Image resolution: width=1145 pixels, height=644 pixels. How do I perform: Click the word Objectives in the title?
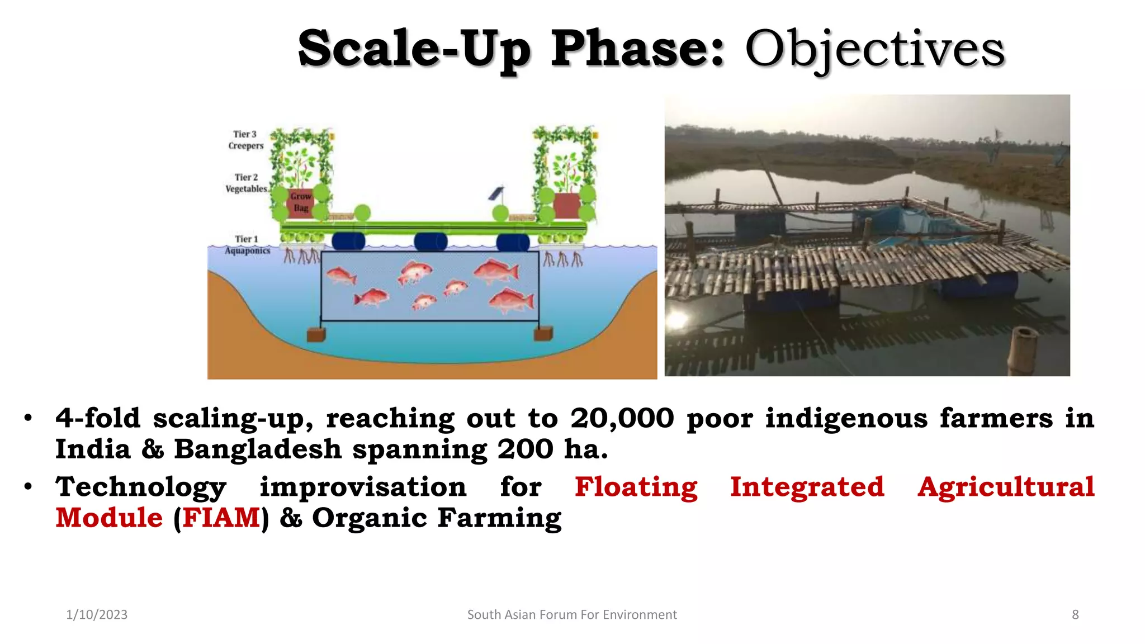874,49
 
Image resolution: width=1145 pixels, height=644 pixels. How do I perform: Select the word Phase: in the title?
637,49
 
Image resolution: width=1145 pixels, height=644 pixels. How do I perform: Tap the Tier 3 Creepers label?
245,140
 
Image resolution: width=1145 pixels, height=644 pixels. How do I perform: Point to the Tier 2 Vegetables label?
246,183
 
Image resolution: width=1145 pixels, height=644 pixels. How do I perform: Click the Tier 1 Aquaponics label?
247,245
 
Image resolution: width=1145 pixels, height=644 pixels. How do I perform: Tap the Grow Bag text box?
301,202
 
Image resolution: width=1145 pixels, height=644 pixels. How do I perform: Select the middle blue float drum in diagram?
430,241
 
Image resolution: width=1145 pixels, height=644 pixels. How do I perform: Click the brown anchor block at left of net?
316,334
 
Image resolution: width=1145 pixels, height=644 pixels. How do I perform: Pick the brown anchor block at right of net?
543,334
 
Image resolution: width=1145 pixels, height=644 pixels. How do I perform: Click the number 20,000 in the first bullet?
622,418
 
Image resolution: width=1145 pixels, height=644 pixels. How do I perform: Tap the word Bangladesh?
257,449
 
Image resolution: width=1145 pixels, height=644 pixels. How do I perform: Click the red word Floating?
636,486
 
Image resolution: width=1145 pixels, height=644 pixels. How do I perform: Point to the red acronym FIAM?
221,518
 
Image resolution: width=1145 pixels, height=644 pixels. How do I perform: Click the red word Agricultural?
1005,486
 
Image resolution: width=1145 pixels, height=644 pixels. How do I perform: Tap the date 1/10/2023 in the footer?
97,614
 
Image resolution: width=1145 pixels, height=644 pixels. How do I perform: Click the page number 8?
1075,614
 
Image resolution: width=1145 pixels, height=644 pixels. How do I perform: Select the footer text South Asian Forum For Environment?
571,614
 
